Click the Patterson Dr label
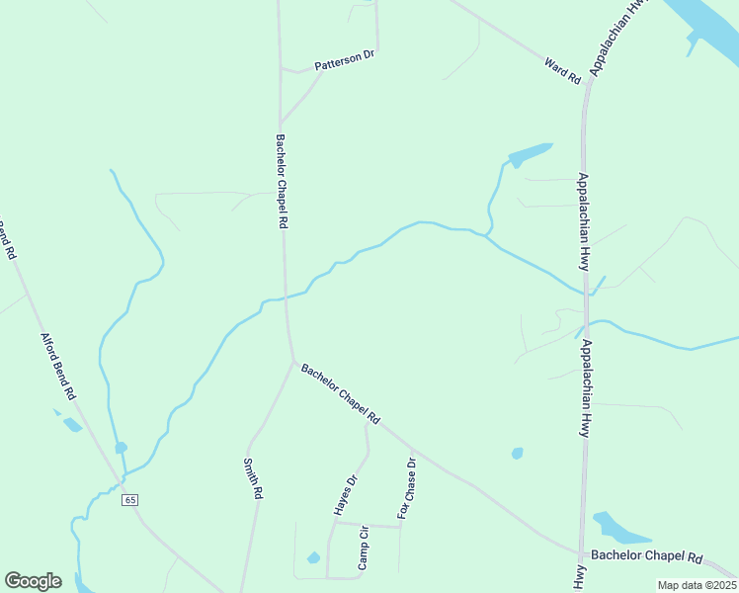tap(345, 60)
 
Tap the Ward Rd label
tap(562, 70)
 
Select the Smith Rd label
tap(252, 477)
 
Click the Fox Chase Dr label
tap(407, 487)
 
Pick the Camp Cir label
tap(363, 547)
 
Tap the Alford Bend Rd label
tap(58, 366)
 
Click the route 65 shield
tap(130, 500)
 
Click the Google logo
tap(33, 581)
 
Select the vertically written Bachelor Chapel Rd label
tap(282, 182)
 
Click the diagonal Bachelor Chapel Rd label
tap(341, 395)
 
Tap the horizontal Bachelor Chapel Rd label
tap(646, 557)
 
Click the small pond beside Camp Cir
tap(313, 558)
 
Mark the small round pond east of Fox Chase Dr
tap(517, 454)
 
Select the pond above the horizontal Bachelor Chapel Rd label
tap(617, 530)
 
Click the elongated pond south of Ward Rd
tap(529, 155)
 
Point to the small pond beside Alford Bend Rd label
tap(71, 425)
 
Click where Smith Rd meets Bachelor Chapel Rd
tap(292, 363)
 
